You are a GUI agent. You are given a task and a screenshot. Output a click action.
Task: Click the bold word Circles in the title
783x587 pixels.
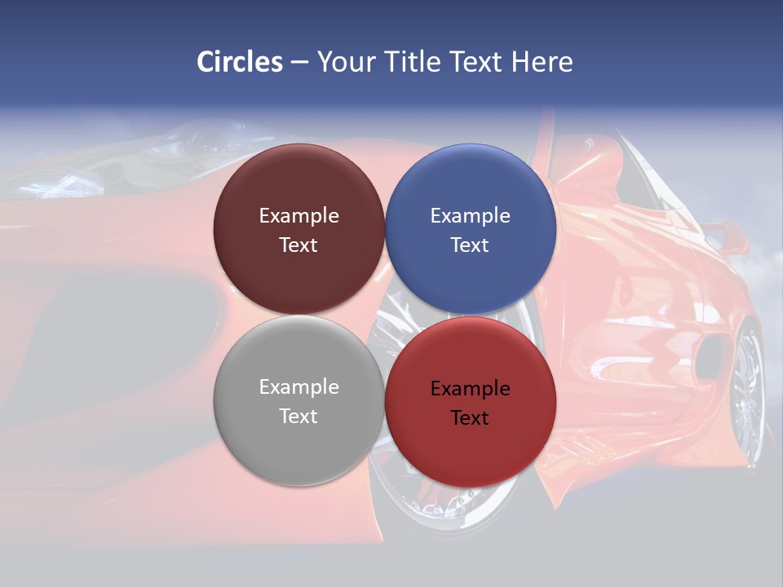[x=240, y=62]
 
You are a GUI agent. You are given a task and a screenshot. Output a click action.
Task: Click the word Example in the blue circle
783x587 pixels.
[x=470, y=216]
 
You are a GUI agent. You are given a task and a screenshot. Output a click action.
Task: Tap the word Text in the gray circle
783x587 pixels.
[x=299, y=416]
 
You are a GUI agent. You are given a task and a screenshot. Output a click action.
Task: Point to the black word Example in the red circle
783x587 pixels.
[x=470, y=389]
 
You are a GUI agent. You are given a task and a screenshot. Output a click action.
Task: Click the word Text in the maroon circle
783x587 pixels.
[x=299, y=245]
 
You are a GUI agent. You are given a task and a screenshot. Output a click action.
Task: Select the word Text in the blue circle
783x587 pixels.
[x=470, y=245]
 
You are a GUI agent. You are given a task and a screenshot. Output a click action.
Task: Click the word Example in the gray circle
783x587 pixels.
[x=299, y=387]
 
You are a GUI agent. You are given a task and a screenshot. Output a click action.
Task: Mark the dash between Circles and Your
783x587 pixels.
[x=299, y=63]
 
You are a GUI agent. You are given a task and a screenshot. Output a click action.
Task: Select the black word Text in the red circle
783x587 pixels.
[x=470, y=418]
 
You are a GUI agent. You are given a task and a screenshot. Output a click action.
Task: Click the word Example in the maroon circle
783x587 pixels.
[x=299, y=216]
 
